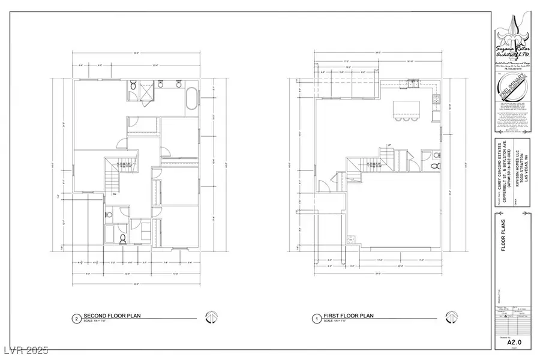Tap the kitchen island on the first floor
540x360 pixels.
[406, 109]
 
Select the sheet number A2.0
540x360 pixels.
[512, 343]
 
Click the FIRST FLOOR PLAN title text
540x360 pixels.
[348, 316]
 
